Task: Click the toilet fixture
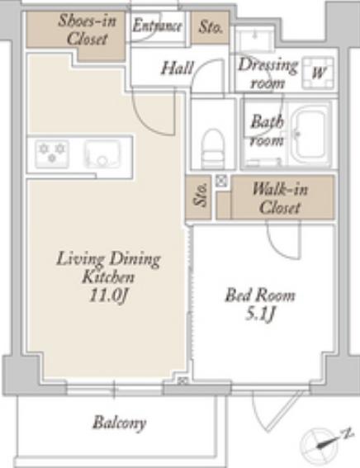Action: pos(212,149)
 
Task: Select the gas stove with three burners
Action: pos(52,154)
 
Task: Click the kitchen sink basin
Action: pos(102,154)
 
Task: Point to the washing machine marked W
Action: pos(318,73)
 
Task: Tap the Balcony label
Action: pos(120,423)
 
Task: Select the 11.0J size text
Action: pos(109,295)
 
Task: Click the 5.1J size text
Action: pos(260,314)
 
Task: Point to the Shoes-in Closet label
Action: pos(87,30)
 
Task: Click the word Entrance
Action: pos(157,25)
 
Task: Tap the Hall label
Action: pos(177,68)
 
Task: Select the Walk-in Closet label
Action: pos(280,198)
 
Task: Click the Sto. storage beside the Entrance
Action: pos(211,27)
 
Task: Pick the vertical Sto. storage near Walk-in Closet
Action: pos(198,196)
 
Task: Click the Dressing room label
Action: pos(268,73)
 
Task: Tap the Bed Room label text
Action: pos(260,295)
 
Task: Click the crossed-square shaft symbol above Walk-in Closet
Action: pos(221,181)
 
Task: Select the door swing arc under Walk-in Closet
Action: pos(282,239)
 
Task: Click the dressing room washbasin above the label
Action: pos(254,39)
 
